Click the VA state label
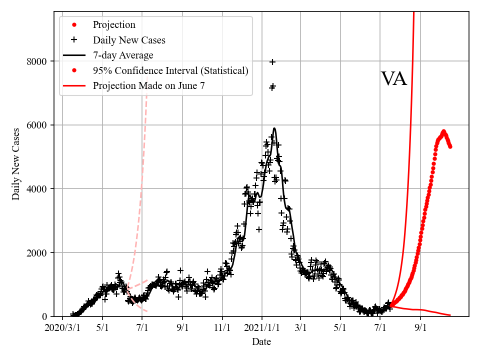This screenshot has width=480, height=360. click(394, 79)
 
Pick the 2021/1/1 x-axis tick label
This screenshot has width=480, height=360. click(261, 328)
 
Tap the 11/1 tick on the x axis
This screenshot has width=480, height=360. click(222, 328)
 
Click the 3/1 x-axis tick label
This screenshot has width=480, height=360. click(301, 328)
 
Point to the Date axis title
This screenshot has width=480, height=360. click(261, 342)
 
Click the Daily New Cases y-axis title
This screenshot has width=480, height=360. click(16, 164)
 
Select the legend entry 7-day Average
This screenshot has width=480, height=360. click(123, 55)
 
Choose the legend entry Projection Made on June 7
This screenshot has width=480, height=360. click(148, 86)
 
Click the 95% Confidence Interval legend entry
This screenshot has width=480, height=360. click(170, 70)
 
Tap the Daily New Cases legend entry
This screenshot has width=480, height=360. click(129, 40)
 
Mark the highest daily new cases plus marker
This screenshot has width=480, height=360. click(272, 62)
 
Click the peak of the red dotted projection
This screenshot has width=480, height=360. click(443, 132)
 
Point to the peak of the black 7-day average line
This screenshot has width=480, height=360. click(274, 128)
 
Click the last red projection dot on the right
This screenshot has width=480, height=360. click(450, 146)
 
